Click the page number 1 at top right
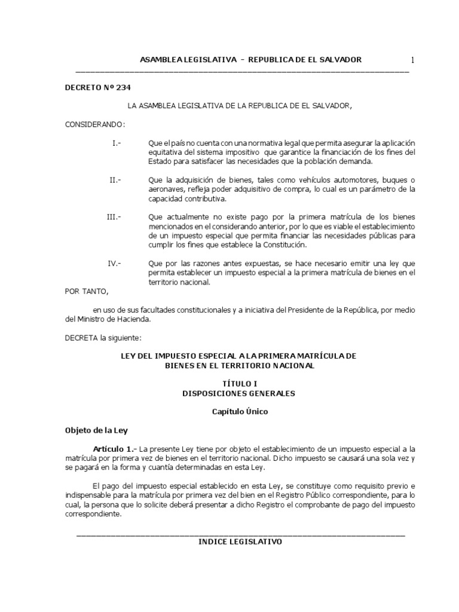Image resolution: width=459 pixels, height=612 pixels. coord(412,60)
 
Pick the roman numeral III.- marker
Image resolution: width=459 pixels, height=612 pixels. coord(114,217)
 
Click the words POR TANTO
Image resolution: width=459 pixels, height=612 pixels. coord(87,291)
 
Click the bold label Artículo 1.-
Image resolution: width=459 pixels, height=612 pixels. coord(115,448)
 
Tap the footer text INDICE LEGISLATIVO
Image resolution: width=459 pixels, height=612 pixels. coord(240,542)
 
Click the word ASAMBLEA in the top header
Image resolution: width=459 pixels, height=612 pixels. coord(160,60)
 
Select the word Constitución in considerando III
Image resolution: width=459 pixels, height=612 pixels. coord(283,245)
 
